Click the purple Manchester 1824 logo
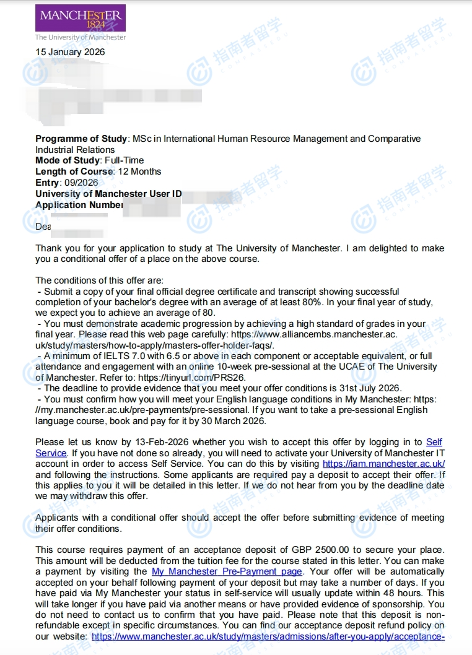(x=81, y=19)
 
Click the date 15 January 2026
(x=70, y=52)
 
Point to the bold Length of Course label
(x=74, y=171)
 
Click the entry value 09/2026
(x=81, y=183)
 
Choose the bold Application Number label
(x=79, y=205)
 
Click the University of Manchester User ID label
(x=108, y=194)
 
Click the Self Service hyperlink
(x=434, y=442)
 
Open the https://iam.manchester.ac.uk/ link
(x=384, y=464)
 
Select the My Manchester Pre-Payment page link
(x=227, y=571)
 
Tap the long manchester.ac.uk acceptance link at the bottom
(x=268, y=636)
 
